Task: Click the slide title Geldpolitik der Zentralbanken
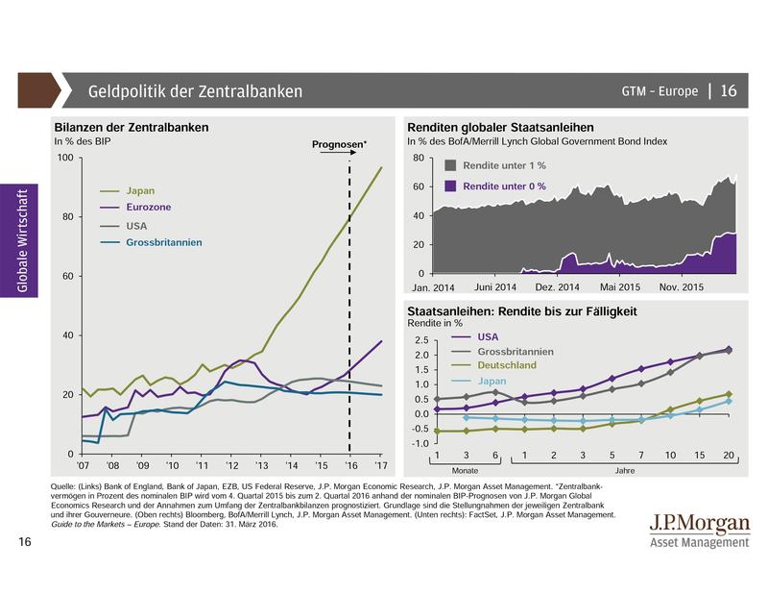pos(195,91)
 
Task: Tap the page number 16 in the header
pos(728,91)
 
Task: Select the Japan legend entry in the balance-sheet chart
pos(143,191)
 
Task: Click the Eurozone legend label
pos(151,208)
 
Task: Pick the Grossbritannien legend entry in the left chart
pos(164,243)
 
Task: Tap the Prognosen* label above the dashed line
pos(340,145)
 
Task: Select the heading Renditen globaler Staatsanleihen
pos(500,127)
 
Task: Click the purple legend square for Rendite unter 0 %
pos(451,185)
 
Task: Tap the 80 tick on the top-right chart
pos(418,158)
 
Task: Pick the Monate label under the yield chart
pos(466,472)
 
